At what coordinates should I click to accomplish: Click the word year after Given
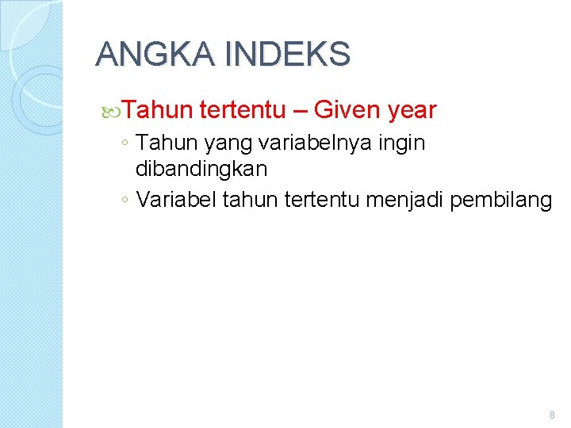click(x=412, y=110)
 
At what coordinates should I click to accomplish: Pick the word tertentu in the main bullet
click(x=245, y=109)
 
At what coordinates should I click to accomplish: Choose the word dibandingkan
click(x=201, y=169)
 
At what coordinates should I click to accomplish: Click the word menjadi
click(x=405, y=201)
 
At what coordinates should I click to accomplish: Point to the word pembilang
click(x=500, y=201)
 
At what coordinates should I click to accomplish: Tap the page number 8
click(x=552, y=415)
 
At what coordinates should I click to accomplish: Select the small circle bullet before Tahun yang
click(x=125, y=144)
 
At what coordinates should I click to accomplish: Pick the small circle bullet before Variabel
click(x=125, y=201)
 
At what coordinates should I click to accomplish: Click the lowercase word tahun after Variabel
click(x=247, y=200)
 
